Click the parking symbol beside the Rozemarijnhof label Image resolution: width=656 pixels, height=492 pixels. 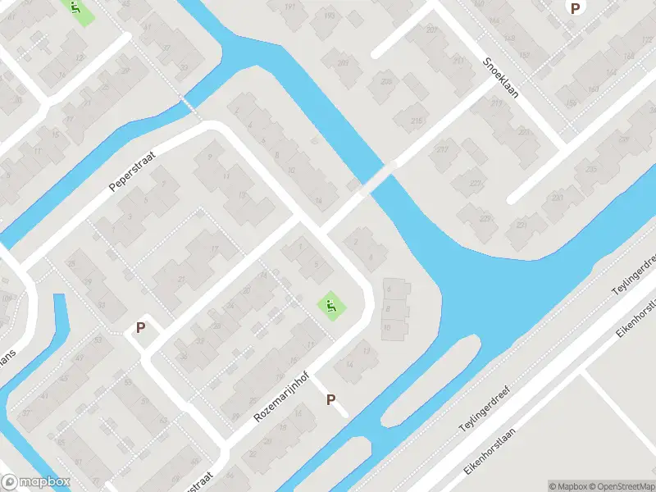coord(331,400)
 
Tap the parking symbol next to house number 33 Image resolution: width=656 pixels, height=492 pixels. coord(141,327)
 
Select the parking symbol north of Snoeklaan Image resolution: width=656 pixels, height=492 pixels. coord(576,7)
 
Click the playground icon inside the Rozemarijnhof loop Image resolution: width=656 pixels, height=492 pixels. coord(330,306)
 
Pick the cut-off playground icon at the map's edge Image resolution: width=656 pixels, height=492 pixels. coord(76,9)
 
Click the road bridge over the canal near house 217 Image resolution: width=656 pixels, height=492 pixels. coord(378,177)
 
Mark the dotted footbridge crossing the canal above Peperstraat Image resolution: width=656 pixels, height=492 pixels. coord(191,106)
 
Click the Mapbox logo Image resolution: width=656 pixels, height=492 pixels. coord(36,482)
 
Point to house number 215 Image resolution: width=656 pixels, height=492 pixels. coord(417,121)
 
